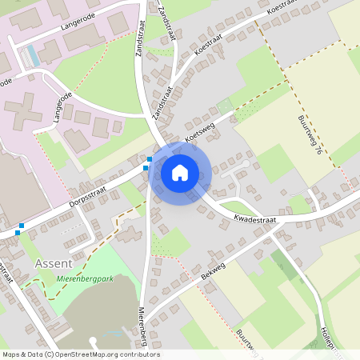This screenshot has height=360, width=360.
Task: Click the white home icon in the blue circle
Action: click(180, 172)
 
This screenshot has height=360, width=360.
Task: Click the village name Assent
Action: click(54, 263)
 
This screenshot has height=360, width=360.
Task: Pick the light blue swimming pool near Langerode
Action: click(32, 55)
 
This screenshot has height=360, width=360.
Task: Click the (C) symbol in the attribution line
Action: click(50, 354)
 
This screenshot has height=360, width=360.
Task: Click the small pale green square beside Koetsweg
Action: click(223, 105)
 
